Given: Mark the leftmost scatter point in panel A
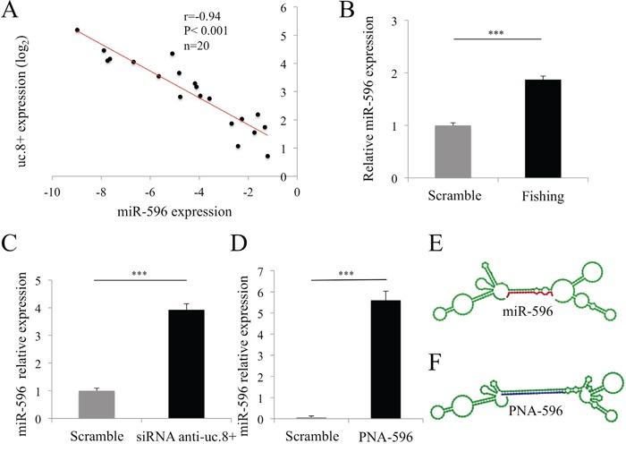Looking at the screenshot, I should point(78,30).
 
